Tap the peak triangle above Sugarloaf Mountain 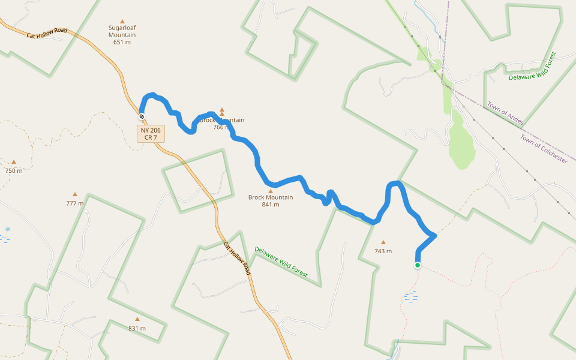pyautogui.click(x=122, y=22)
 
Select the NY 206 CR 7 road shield pyautogui.click(x=151, y=134)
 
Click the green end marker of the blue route pyautogui.click(x=418, y=265)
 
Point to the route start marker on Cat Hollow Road pyautogui.click(x=142, y=116)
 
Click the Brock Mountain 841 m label pyautogui.click(x=271, y=200)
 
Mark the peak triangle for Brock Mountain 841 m pyautogui.click(x=271, y=191)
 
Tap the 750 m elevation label pyautogui.click(x=14, y=170)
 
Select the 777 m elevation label pyautogui.click(x=75, y=203)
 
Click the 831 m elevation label pyautogui.click(x=137, y=328)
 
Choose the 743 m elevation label pyautogui.click(x=383, y=251)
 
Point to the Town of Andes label pyautogui.click(x=505, y=113)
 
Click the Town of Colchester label pyautogui.click(x=544, y=149)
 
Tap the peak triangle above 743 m pyautogui.click(x=383, y=242)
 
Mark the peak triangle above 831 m pyautogui.click(x=137, y=319)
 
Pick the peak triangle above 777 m pyautogui.click(x=75, y=194)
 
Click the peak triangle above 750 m pyautogui.click(x=14, y=161)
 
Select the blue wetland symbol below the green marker pyautogui.click(x=411, y=295)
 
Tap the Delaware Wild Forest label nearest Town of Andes pyautogui.click(x=532, y=66)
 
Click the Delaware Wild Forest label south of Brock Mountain pyautogui.click(x=281, y=262)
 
